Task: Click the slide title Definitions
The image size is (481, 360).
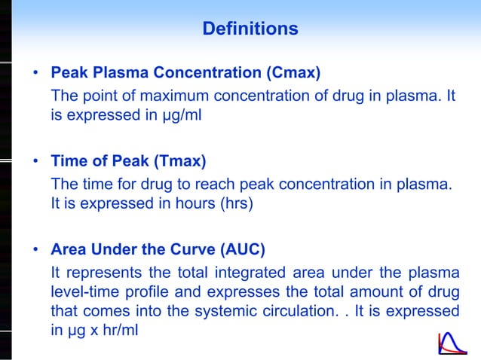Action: [x=250, y=29]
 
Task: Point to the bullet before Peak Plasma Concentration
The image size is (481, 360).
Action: [x=35, y=74]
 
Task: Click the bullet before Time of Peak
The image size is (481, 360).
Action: [x=35, y=162]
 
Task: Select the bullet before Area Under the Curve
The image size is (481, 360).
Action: [x=35, y=250]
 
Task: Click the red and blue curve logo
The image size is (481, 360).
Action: [x=453, y=342]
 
